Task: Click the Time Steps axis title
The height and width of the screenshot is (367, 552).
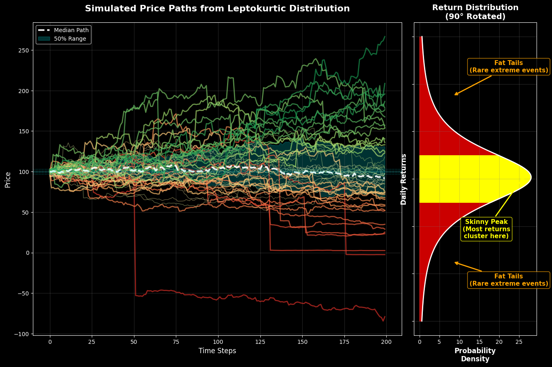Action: pyautogui.click(x=217, y=351)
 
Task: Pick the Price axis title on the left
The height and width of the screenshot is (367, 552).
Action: pyautogui.click(x=8, y=179)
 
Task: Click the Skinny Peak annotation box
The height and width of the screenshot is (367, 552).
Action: pyautogui.click(x=486, y=229)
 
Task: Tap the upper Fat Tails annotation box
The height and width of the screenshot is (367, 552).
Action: pyautogui.click(x=509, y=67)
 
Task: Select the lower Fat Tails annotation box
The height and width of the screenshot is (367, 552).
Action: pyautogui.click(x=509, y=280)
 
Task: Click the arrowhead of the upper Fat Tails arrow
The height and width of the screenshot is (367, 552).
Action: pyautogui.click(x=455, y=95)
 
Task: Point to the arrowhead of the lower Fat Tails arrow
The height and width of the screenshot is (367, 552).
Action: pyautogui.click(x=455, y=263)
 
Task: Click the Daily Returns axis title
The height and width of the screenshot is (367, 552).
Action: pyautogui.click(x=404, y=179)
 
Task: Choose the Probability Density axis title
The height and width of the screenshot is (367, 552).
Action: pyautogui.click(x=475, y=355)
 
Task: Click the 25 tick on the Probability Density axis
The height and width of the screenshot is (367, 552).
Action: pyautogui.click(x=519, y=342)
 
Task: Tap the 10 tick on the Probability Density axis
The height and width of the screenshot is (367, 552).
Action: pyautogui.click(x=459, y=342)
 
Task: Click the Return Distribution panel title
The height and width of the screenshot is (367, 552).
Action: pyautogui.click(x=475, y=12)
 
